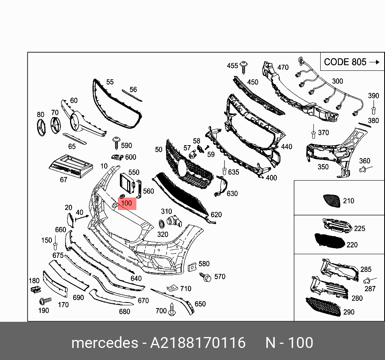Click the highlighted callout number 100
tap(127, 204)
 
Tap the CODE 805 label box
tap(351, 62)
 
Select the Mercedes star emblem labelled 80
tap(40, 127)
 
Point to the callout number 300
tap(337, 81)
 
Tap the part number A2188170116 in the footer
tap(198, 343)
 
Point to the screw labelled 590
tap(116, 141)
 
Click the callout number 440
tap(286, 147)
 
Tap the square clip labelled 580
tap(191, 266)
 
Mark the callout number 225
tap(359, 228)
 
